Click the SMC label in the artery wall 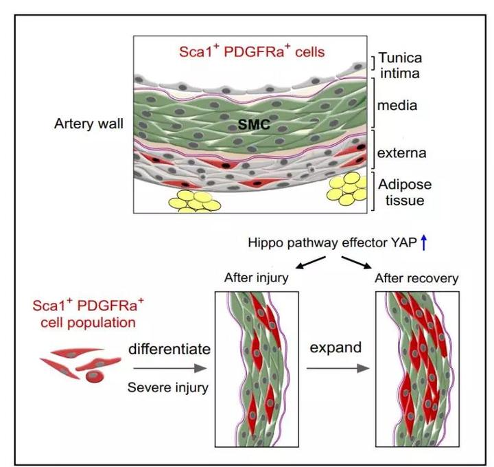click(254, 124)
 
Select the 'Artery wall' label click(89, 124)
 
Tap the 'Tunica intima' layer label click(400, 66)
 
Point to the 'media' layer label click(397, 105)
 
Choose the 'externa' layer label click(401, 153)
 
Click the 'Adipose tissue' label click(405, 192)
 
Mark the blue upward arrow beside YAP click(424, 243)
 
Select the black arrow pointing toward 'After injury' click(311, 262)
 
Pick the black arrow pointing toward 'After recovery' click(356, 262)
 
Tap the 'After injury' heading click(256, 278)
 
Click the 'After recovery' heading click(416, 278)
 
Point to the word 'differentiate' click(169, 349)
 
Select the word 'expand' click(336, 348)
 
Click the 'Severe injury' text click(168, 387)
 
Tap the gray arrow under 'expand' click(338, 368)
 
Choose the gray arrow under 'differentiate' click(170, 368)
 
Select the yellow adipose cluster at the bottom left click(194, 201)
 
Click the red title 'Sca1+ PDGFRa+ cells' click(252, 52)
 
